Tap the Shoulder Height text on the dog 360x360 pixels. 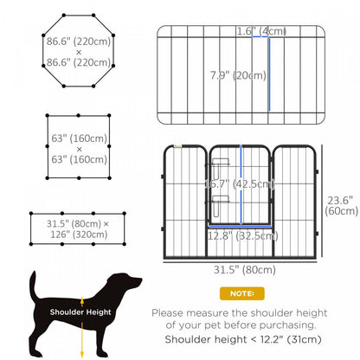pos(79,313)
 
